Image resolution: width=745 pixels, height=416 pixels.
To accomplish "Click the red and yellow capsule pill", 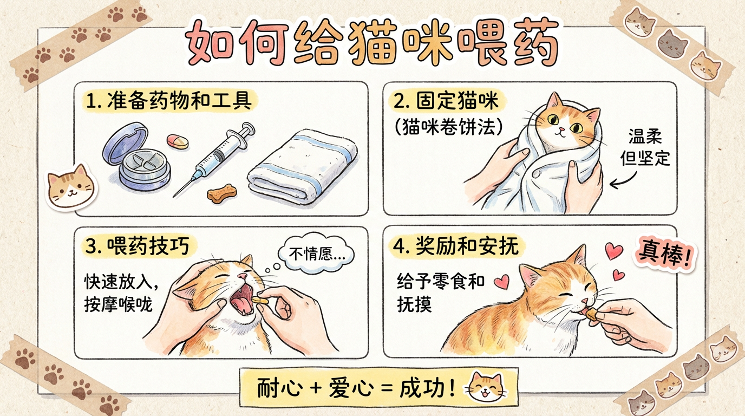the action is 177,141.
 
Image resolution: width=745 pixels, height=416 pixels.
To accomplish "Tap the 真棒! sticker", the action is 664,256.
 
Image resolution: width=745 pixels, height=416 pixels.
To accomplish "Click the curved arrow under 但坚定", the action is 623,180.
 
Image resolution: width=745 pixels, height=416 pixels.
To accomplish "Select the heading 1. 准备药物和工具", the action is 168,101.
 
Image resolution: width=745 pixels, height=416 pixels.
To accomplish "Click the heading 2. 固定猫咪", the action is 446,101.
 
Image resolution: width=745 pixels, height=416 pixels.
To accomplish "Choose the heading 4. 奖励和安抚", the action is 456,246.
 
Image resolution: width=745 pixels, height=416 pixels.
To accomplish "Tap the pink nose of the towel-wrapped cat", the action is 561,129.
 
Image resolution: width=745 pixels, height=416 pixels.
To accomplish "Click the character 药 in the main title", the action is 535,43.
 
